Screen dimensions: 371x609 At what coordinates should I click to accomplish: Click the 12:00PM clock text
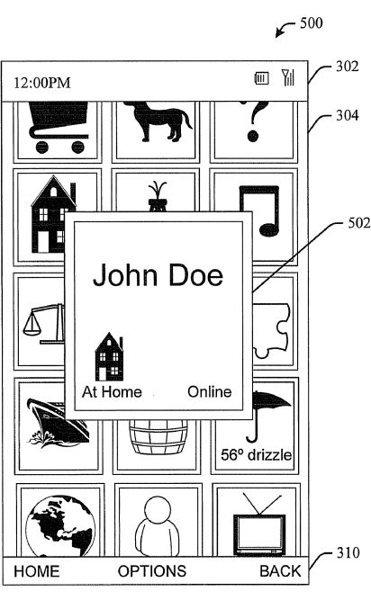pyautogui.click(x=42, y=83)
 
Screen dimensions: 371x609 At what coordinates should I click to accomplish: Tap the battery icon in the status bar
pyautogui.click(x=261, y=78)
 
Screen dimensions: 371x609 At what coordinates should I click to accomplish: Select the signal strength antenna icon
pyautogui.click(x=288, y=77)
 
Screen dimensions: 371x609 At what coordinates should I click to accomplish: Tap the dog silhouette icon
pyautogui.click(x=158, y=121)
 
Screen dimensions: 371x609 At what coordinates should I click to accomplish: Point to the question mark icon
pyautogui.click(x=254, y=121)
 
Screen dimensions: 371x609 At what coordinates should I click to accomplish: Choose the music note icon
pyautogui.click(x=259, y=210)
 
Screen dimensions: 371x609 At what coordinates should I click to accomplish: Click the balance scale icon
pyautogui.click(x=43, y=323)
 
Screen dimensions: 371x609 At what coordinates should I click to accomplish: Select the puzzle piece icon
pyautogui.click(x=271, y=330)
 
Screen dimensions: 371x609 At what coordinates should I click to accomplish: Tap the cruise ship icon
pyautogui.click(x=58, y=422)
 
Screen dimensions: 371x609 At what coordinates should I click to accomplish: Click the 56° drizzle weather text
pyautogui.click(x=257, y=455)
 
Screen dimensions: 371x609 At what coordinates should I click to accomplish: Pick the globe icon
pyautogui.click(x=60, y=525)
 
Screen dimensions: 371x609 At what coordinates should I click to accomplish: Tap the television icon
pyautogui.click(x=259, y=524)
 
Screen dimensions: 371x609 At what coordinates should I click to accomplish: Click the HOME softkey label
pyautogui.click(x=37, y=571)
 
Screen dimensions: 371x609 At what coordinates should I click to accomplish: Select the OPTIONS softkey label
pyautogui.click(x=152, y=571)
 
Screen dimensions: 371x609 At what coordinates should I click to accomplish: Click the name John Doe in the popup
pyautogui.click(x=158, y=275)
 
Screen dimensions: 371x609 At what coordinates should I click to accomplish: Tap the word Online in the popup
pyautogui.click(x=210, y=391)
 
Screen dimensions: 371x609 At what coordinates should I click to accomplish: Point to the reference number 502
pyautogui.click(x=359, y=223)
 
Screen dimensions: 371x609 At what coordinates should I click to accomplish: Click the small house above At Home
pyautogui.click(x=109, y=356)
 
